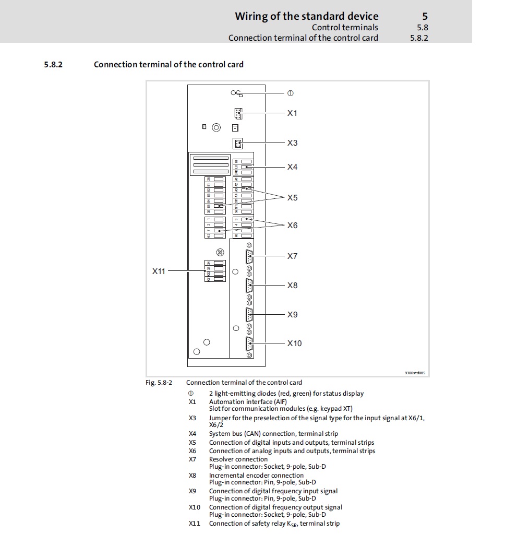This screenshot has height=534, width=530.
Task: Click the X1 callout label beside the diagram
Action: click(292, 113)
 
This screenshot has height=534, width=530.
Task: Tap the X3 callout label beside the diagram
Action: click(292, 143)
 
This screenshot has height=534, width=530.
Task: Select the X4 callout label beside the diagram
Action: click(292, 167)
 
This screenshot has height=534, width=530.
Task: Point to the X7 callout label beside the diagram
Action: click(292, 256)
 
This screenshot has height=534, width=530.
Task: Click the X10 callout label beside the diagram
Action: click(294, 343)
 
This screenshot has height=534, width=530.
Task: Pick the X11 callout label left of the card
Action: click(159, 271)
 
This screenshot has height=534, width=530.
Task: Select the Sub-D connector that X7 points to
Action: click(249, 257)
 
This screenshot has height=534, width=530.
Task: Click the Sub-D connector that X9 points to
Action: click(249, 315)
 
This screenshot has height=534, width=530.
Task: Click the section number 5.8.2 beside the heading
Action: click(53, 65)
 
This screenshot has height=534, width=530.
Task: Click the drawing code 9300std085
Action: click(415, 373)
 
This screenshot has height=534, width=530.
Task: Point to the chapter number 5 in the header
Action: click(425, 16)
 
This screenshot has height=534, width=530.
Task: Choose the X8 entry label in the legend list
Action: click(192, 476)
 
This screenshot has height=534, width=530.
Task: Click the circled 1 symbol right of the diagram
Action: click(291, 93)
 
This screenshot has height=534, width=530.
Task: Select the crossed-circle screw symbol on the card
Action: click(220, 252)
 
